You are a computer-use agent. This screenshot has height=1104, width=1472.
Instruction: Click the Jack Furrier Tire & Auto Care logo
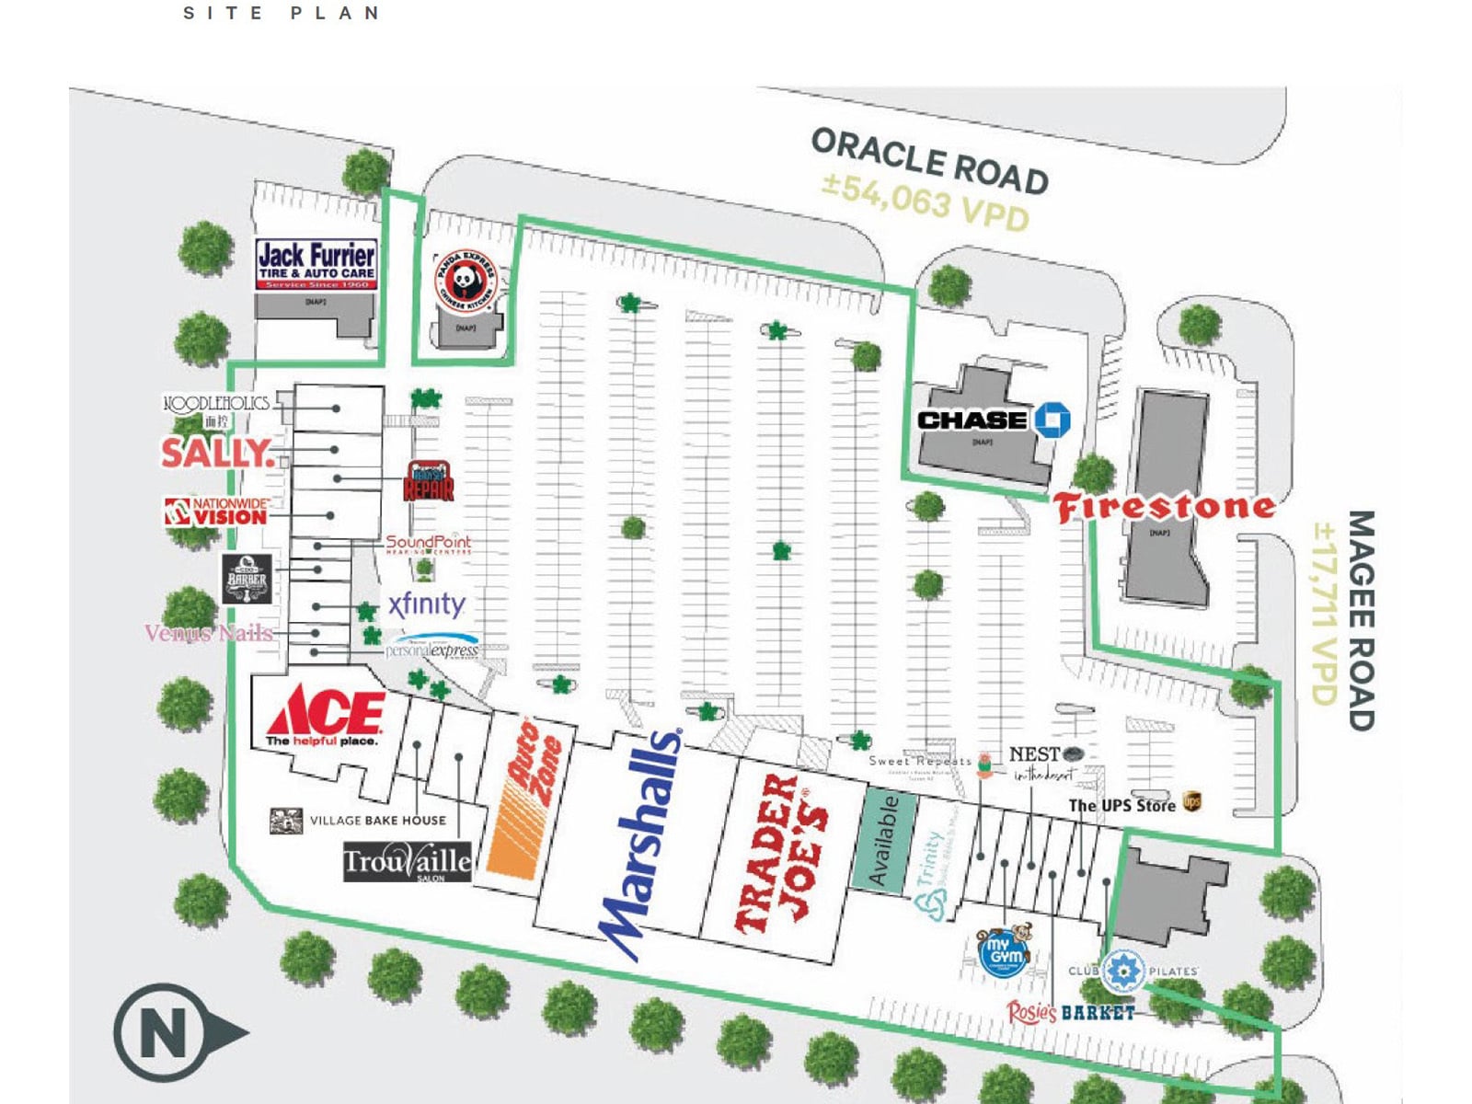316,265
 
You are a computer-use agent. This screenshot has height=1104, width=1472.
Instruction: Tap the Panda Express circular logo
465,281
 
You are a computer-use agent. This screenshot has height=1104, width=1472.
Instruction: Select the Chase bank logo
994,420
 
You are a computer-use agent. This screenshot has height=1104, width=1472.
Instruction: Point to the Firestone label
1165,507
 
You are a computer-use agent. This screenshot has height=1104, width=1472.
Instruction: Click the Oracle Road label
929,161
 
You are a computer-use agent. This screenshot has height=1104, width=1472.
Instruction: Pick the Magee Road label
1361,621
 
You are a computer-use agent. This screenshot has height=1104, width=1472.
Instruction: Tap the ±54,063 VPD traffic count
925,202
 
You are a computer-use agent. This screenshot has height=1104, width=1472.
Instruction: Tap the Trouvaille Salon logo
408,863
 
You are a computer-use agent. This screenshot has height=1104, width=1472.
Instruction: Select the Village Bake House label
377,821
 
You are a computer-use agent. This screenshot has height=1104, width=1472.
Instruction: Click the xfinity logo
426,605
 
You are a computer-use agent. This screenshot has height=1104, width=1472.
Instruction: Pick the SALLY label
216,453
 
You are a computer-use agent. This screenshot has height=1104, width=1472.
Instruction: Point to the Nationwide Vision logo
217,512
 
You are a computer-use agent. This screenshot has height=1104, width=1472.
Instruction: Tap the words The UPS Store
1121,806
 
